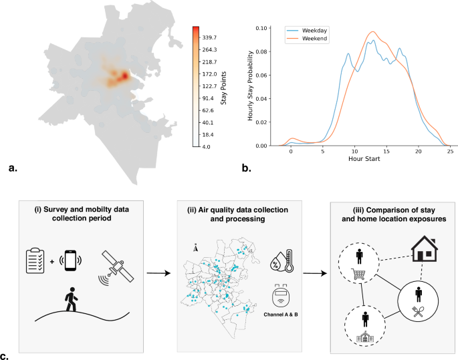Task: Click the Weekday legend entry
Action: [307, 30]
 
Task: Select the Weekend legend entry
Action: [307, 38]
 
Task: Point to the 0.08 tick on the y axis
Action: [261, 51]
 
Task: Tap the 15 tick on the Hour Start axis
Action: [386, 151]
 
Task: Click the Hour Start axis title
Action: [364, 159]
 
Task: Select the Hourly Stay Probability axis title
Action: [250, 85]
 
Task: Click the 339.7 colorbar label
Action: [209, 37]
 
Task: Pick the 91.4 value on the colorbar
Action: [208, 98]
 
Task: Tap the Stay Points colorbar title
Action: [223, 88]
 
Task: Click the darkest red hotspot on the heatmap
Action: [125, 76]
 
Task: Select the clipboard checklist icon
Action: [35, 260]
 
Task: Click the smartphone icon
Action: [70, 260]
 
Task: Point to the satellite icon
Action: [116, 267]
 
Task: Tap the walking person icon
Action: [71, 299]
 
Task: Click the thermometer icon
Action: [289, 260]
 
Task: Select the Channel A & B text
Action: [281, 315]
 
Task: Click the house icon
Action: [425, 248]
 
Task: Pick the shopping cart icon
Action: [358, 274]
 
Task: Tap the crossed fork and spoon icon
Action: [418, 311]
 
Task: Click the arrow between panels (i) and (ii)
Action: [158, 273]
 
